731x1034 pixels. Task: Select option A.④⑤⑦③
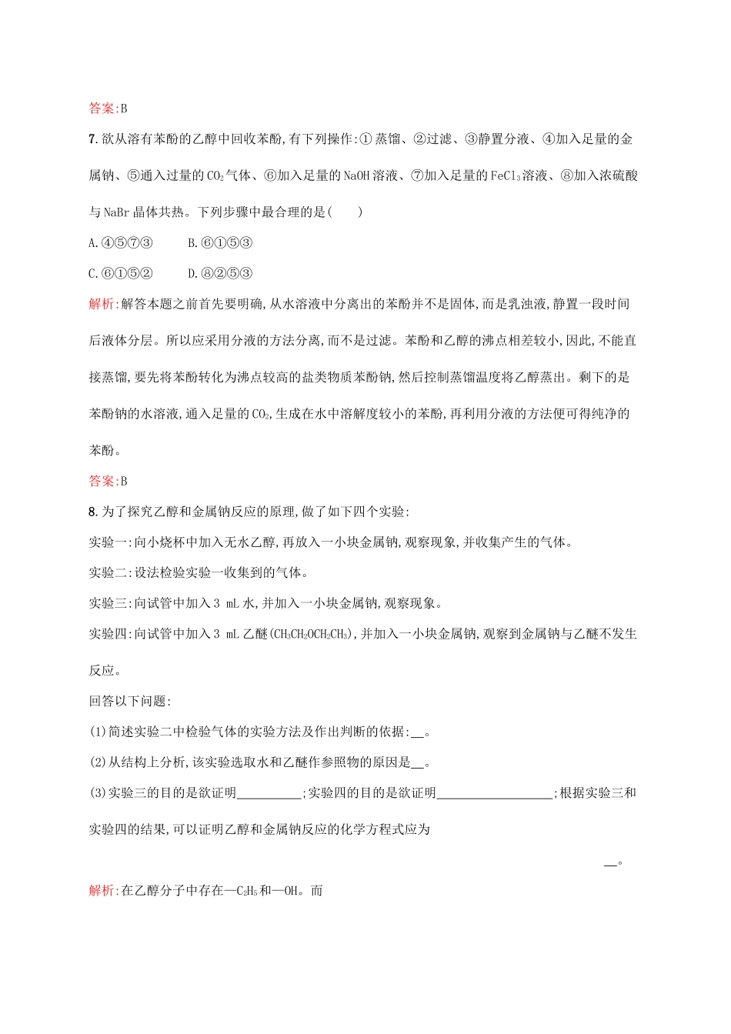pyautogui.click(x=121, y=243)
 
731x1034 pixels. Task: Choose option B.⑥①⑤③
pyautogui.click(x=220, y=243)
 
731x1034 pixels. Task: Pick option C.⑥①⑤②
pyautogui.click(x=121, y=273)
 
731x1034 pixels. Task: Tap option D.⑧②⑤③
pyautogui.click(x=220, y=273)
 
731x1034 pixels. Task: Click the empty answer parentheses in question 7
pyautogui.click(x=345, y=212)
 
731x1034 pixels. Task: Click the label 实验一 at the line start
pyautogui.click(x=108, y=542)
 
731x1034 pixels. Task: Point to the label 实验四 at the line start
pyautogui.click(x=108, y=634)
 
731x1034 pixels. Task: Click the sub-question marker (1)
pyautogui.click(x=98, y=732)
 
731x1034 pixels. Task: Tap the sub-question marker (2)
pyautogui.click(x=98, y=762)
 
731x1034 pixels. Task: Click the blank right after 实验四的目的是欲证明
pyautogui.click(x=494, y=793)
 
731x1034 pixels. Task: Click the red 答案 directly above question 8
pyautogui.click(x=102, y=482)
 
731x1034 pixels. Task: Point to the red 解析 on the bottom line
pyautogui.click(x=102, y=891)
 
